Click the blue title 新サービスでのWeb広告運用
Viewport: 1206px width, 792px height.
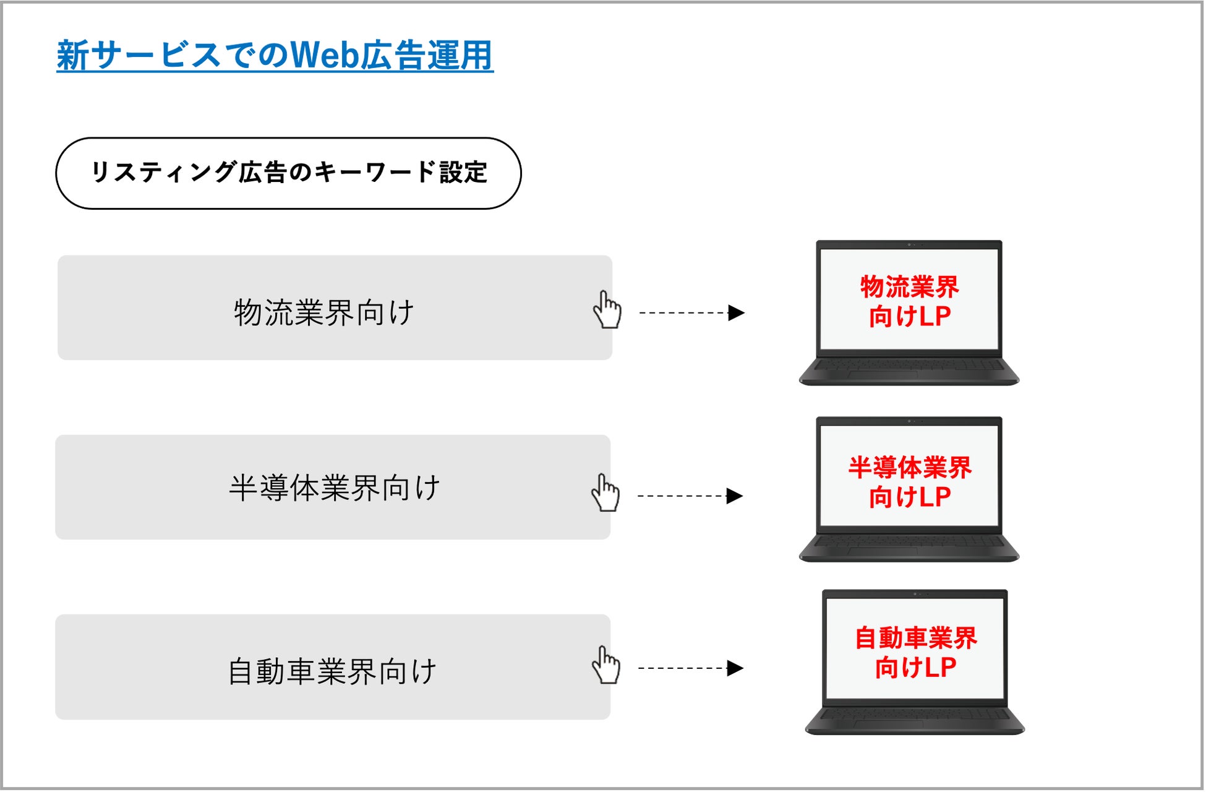click(x=275, y=56)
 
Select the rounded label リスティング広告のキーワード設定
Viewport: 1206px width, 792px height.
click(x=288, y=173)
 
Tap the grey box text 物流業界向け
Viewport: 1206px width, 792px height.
click(x=324, y=312)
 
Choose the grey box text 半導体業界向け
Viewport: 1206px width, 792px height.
click(x=334, y=488)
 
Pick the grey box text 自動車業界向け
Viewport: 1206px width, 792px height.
click(x=332, y=671)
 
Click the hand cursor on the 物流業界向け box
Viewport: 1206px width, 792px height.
click(x=607, y=310)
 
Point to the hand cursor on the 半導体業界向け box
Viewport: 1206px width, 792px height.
click(x=605, y=493)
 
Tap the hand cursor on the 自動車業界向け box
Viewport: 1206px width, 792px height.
click(x=605, y=666)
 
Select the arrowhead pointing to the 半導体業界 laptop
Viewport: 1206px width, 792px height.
click(x=734, y=496)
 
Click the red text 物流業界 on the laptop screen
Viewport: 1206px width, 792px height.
click(x=909, y=286)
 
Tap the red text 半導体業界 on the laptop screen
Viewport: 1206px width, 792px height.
click(x=910, y=467)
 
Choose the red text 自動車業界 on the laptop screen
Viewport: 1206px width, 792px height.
click(x=915, y=638)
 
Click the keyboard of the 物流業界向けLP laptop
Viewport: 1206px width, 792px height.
click(x=909, y=366)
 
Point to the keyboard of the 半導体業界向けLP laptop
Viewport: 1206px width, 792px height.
click(x=909, y=542)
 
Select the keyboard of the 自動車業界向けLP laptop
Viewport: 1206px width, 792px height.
click(x=915, y=715)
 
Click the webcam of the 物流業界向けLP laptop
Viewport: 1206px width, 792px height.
click(x=909, y=244)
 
